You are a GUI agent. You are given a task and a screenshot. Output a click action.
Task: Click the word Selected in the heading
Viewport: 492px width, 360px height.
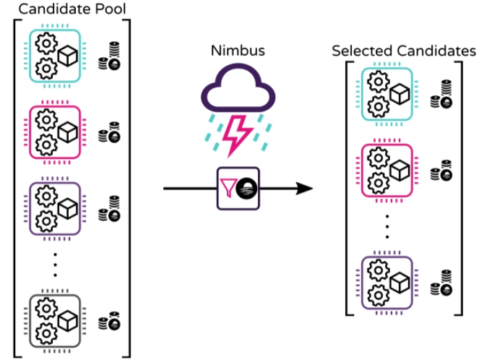(361, 51)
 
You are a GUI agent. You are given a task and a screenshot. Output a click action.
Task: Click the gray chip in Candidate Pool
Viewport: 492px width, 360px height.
(55, 319)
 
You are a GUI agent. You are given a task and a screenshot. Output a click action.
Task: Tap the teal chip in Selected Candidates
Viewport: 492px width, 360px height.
(387, 94)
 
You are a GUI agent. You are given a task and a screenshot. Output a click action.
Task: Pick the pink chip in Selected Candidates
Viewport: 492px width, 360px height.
(387, 171)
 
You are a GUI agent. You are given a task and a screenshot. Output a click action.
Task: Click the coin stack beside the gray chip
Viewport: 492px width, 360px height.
(109, 319)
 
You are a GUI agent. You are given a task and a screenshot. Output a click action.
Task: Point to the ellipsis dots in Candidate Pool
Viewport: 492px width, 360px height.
(55, 266)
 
